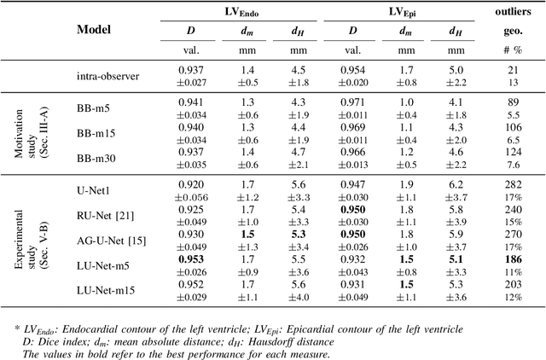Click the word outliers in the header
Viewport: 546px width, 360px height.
pos(514,11)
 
